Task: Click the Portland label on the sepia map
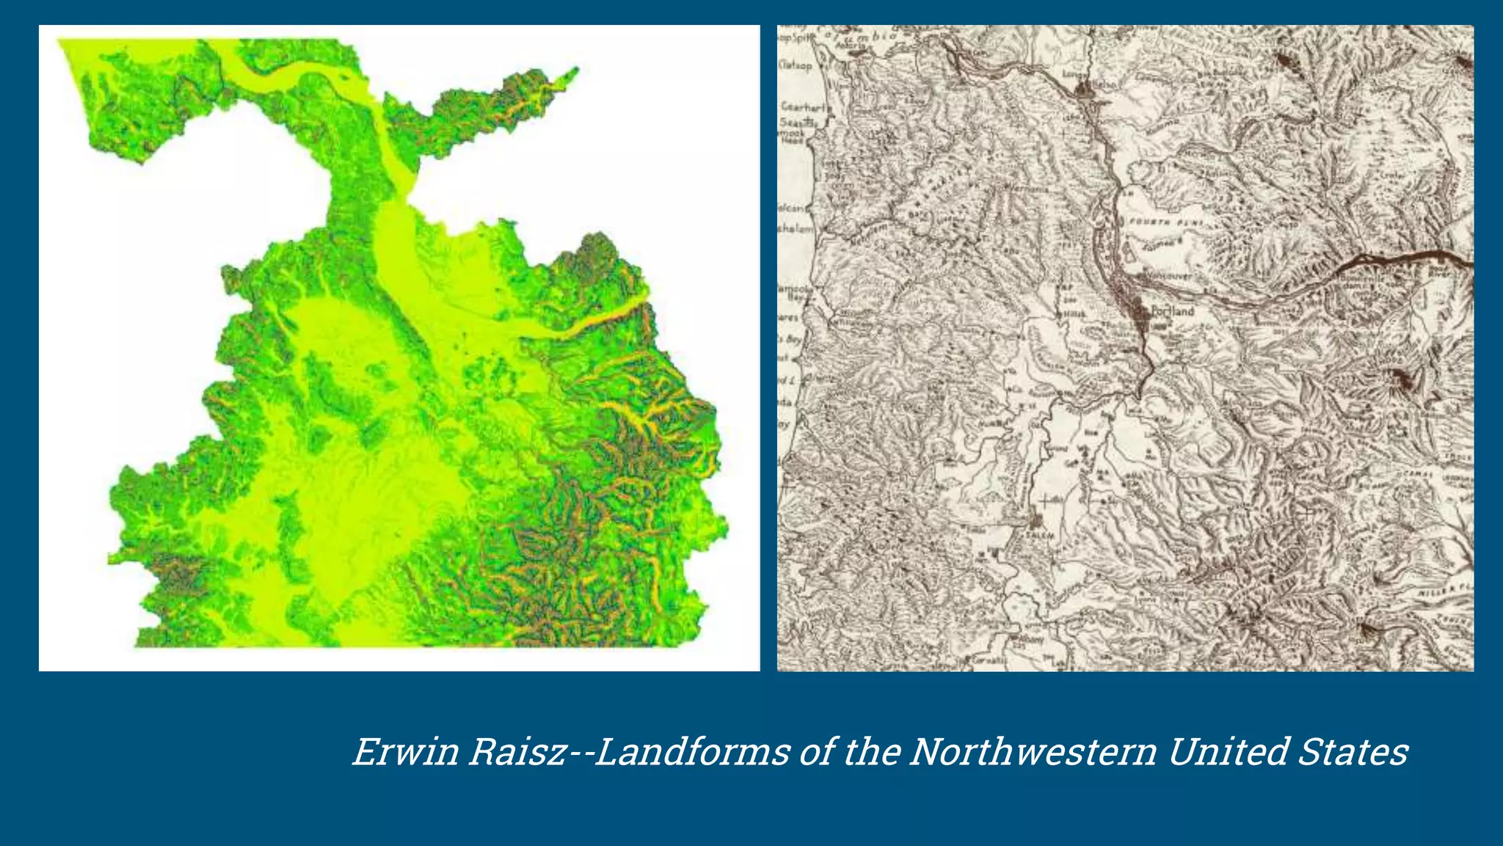(x=1173, y=311)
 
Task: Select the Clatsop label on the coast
(x=796, y=65)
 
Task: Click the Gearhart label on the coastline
(x=804, y=107)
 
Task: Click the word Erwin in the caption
(x=405, y=752)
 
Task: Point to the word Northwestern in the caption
(x=1033, y=752)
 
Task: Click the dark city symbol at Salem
(x=1036, y=521)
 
